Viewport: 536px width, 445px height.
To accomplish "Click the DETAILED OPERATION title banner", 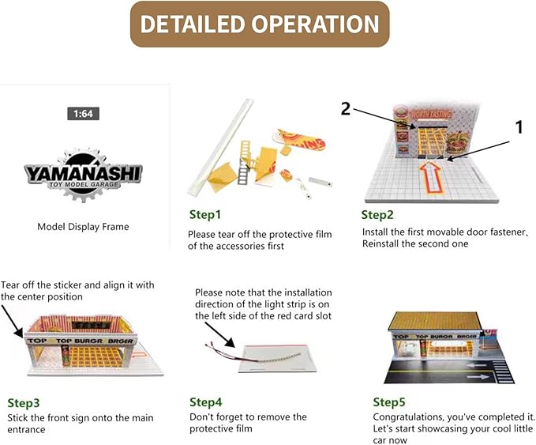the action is pyautogui.click(x=260, y=24).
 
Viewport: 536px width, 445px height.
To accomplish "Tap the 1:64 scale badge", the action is pyautogui.click(x=83, y=114).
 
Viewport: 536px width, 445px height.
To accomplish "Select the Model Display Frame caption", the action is pyautogui.click(x=83, y=227).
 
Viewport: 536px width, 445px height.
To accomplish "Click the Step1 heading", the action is pyautogui.click(x=205, y=215).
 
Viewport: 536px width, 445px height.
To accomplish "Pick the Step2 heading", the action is pyautogui.click(x=377, y=215).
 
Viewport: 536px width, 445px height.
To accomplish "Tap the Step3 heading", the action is pyautogui.click(x=23, y=403).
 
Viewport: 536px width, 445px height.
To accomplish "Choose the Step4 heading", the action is pyautogui.click(x=206, y=402).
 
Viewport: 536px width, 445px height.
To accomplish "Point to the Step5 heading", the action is pyautogui.click(x=389, y=402).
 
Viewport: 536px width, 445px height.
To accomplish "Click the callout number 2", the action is pyautogui.click(x=346, y=109).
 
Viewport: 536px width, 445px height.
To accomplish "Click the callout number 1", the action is pyautogui.click(x=519, y=127).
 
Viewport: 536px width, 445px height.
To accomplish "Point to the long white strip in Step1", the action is pyautogui.click(x=220, y=147).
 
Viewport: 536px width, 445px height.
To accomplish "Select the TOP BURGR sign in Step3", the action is pyautogui.click(x=81, y=341).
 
